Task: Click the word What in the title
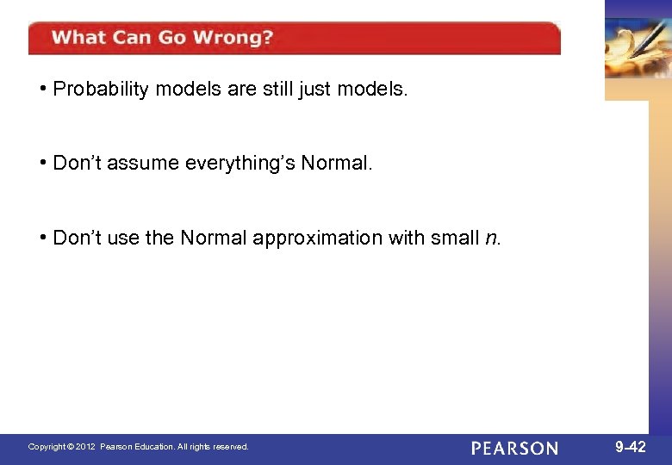coord(78,38)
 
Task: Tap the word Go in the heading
coord(175,38)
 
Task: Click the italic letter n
coord(490,239)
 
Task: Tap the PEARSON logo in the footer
coord(514,448)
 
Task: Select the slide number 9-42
coord(630,446)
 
